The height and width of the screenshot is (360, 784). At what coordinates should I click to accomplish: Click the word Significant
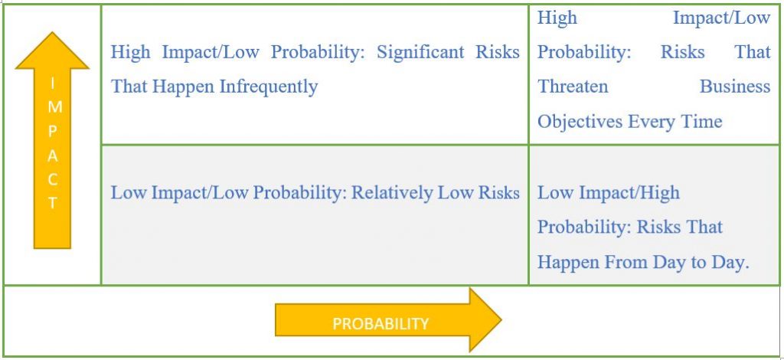point(428,53)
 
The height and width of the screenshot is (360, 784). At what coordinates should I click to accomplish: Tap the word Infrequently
point(269,87)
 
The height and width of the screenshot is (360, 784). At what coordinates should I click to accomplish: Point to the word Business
point(734,87)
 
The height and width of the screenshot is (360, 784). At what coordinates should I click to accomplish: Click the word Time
point(703,122)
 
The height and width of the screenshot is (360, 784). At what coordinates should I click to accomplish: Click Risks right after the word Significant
point(497,53)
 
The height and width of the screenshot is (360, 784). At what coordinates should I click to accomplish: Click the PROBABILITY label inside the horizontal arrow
point(381,323)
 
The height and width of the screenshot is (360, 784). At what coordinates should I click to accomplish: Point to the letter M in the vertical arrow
point(53,106)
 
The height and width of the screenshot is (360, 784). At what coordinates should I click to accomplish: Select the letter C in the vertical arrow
point(53,180)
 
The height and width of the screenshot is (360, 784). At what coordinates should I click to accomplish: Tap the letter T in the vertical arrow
point(53,204)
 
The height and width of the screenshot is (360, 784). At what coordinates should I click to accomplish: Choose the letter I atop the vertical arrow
point(53,83)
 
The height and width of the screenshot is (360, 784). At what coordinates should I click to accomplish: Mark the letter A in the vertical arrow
point(53,155)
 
